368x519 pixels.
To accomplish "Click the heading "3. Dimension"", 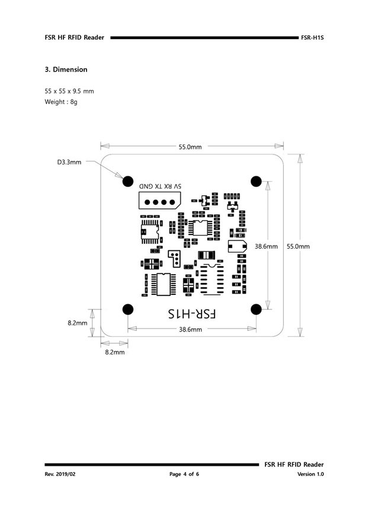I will click(66, 70).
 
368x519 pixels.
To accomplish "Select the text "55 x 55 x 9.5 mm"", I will click(69, 91).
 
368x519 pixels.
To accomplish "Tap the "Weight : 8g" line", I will click(61, 102).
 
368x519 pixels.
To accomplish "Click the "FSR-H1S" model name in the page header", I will click(312, 37).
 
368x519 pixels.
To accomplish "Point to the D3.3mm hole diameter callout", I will click(69, 162).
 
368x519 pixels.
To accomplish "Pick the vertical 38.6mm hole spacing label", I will click(267, 246).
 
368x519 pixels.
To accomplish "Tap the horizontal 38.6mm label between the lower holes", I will click(191, 330).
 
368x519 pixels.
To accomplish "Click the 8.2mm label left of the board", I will click(77, 323).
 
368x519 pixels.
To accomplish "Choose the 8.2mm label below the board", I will click(114, 352).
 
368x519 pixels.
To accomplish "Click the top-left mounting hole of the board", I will click(127, 180).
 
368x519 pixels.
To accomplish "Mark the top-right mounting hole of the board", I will click(257, 180).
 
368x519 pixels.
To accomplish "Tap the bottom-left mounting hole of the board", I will click(127, 309).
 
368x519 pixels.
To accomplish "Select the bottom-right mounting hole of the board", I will click(257, 309).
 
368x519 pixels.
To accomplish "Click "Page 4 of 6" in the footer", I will click(184, 475).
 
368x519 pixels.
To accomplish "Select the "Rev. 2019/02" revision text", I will click(61, 475).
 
